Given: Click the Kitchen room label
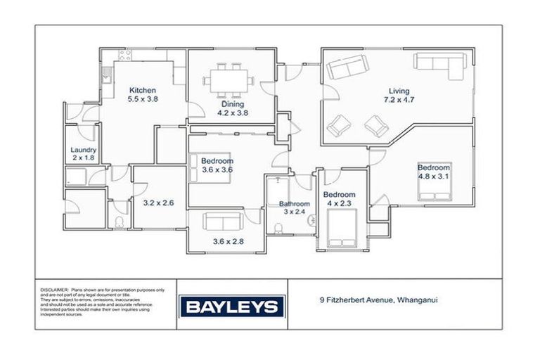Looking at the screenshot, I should pos(142,90).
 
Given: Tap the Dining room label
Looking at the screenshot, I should pos(233,104).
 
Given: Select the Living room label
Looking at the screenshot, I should pos(399,91).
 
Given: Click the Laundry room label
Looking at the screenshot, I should pos(83,150).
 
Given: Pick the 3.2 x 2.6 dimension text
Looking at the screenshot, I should pos(158,202).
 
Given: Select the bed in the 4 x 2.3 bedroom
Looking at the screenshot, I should pos(340,228).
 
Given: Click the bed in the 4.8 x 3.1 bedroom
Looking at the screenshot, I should pos(434,182).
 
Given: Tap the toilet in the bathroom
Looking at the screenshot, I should pos(279,226).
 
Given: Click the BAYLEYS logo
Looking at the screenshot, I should pos(233,307).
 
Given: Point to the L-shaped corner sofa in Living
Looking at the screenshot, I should pos(442,65).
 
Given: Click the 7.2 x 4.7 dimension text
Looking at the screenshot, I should pos(399,101).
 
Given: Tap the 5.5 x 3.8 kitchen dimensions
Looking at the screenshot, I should pos(142,100).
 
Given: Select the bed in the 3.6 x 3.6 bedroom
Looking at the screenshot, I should pos(195,167).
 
